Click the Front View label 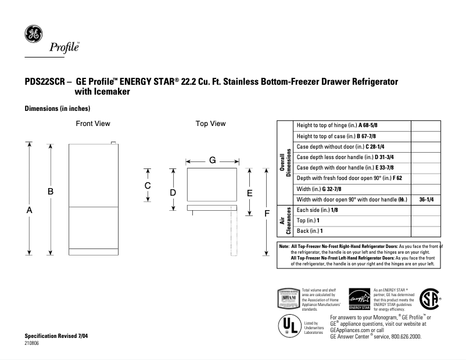[x=93, y=124]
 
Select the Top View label [x=210, y=124]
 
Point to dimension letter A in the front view [x=29, y=211]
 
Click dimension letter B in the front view [x=51, y=191]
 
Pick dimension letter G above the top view [x=213, y=160]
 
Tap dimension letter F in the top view [x=267, y=213]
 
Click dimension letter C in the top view [x=148, y=185]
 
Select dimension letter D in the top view [x=173, y=192]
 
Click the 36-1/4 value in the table [x=426, y=199]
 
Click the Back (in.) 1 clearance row [x=310, y=231]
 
